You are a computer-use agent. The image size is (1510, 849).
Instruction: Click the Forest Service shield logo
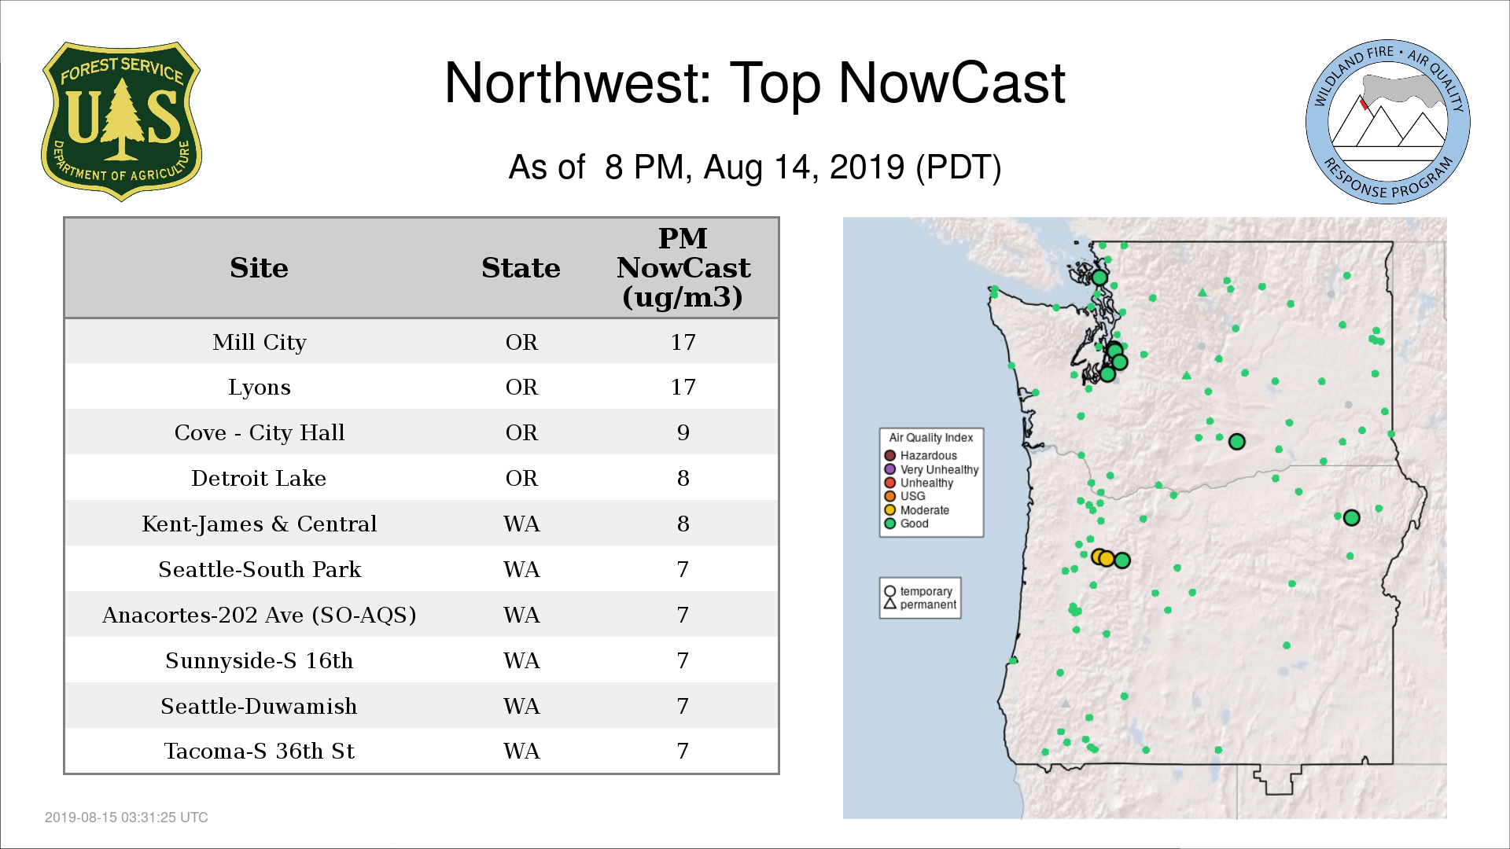click(x=121, y=122)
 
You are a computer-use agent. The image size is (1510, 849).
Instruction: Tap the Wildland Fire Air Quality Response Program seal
click(x=1388, y=122)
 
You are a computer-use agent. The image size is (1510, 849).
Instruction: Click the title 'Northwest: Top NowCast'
click(x=754, y=83)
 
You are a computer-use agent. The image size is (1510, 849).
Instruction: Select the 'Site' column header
click(x=259, y=268)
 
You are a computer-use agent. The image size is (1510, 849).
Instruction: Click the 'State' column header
click(x=521, y=268)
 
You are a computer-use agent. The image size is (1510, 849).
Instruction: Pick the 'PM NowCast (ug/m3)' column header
click(x=683, y=267)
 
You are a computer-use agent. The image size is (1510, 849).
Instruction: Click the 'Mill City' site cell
click(x=259, y=343)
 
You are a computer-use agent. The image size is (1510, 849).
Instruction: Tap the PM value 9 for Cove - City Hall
click(x=683, y=432)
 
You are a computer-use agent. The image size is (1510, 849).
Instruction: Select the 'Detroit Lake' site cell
click(x=259, y=478)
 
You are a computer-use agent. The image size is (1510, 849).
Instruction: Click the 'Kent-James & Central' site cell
click(x=259, y=524)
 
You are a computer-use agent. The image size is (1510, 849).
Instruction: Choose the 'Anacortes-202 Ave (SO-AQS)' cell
click(x=259, y=615)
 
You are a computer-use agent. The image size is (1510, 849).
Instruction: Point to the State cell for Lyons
click(x=521, y=387)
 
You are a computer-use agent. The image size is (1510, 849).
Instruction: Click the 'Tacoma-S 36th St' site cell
click(x=259, y=751)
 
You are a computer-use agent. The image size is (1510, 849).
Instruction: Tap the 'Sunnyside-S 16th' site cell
click(x=259, y=660)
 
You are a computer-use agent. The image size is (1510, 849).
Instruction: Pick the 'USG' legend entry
click(x=904, y=496)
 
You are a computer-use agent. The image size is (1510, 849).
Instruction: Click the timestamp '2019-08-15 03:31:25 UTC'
click(x=127, y=818)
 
